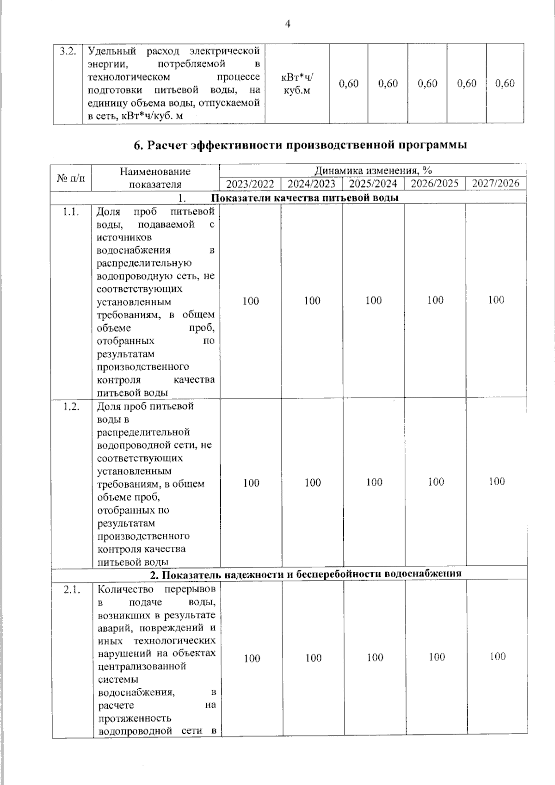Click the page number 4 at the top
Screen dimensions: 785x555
(287, 24)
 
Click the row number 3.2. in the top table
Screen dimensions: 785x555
(68, 51)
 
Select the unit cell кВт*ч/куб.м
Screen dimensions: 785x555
(297, 84)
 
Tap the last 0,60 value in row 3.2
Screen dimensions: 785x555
(505, 84)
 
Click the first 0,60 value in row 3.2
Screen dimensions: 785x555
(349, 84)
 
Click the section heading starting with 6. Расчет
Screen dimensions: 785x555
(300, 145)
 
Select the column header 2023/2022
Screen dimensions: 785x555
(250, 184)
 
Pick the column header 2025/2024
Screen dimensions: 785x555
(373, 184)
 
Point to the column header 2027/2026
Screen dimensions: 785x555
(496, 183)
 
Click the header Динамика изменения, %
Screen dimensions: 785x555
(373, 170)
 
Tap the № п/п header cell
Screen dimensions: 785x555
(72, 177)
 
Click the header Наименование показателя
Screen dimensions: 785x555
(155, 178)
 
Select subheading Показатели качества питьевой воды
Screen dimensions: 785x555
(305, 198)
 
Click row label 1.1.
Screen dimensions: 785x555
(71, 212)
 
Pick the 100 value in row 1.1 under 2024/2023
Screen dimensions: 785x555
(312, 301)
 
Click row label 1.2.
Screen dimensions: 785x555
(71, 406)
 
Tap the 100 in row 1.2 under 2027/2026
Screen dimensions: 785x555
(497, 482)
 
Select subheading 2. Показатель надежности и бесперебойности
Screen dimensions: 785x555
(306, 574)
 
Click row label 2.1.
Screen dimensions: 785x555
(72, 589)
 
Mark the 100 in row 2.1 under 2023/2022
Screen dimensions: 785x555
(252, 658)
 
